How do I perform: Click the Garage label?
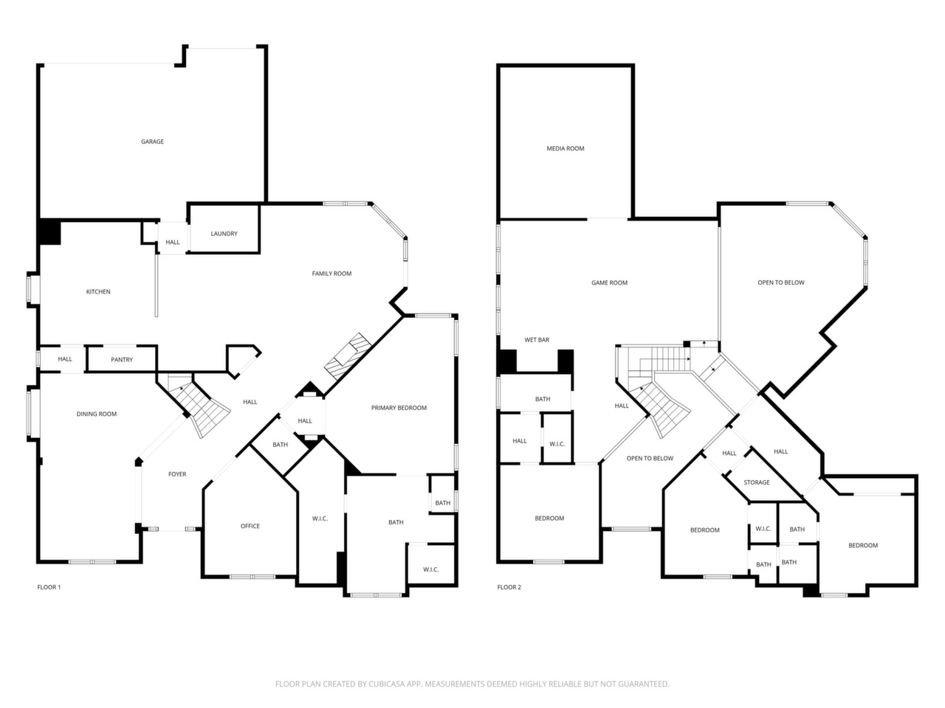[152, 142]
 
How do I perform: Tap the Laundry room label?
[224, 234]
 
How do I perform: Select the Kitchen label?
[98, 291]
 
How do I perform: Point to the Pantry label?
[122, 359]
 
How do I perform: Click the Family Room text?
[331, 274]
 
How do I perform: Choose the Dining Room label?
[97, 414]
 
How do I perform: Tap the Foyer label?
[177, 474]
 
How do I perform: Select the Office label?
[250, 526]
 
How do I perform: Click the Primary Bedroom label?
[399, 408]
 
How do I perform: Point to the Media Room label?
[566, 148]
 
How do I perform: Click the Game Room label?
[609, 282]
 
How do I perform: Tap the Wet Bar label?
[537, 339]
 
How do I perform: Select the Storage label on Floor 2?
[757, 482]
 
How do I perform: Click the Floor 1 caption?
[49, 587]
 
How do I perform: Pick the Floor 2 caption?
[509, 587]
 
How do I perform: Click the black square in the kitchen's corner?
[50, 232]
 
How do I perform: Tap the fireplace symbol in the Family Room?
[348, 356]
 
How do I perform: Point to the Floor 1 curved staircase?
[198, 404]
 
